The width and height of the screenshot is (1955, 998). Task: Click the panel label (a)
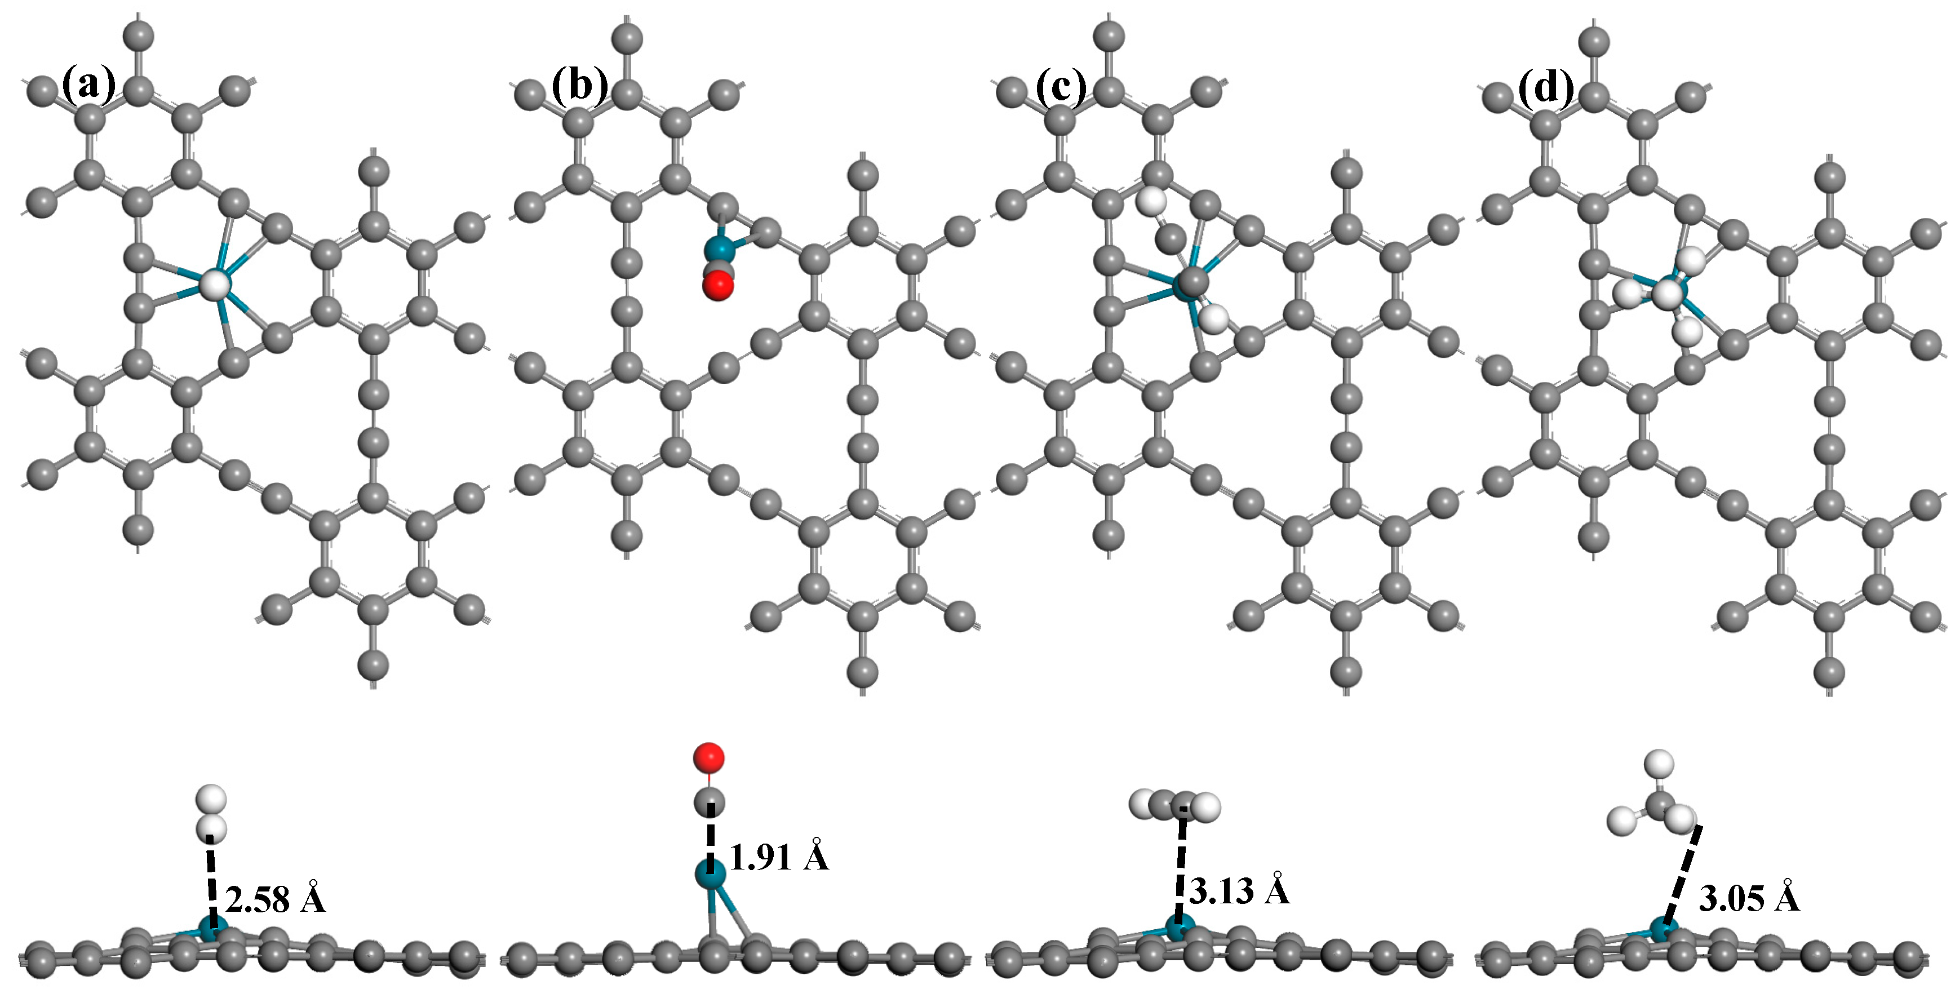pos(89,85)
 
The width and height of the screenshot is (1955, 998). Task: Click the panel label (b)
pos(579,85)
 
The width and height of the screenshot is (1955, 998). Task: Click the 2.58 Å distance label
pos(276,899)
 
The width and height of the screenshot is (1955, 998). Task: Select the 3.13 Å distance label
pos(1239,889)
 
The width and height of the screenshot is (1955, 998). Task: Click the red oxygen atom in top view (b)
pos(718,286)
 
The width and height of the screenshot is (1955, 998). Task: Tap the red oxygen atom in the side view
pos(709,757)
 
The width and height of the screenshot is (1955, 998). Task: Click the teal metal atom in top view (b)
pos(719,249)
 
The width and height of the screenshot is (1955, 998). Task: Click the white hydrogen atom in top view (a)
pos(215,285)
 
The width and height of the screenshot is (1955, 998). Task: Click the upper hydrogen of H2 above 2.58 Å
pos(211,799)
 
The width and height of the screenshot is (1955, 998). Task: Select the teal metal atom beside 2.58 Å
pos(212,928)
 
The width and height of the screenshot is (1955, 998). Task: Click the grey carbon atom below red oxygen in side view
pos(710,801)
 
